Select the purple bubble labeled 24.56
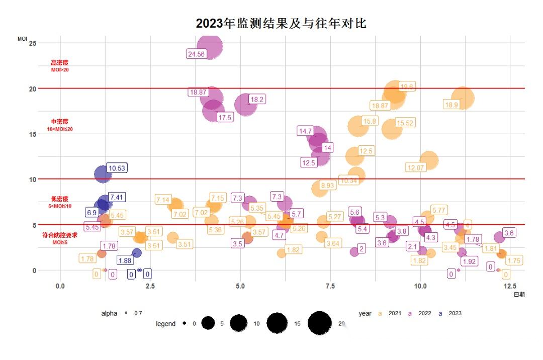click(210, 47)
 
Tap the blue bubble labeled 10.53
click(103, 174)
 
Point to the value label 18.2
click(257, 100)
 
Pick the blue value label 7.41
click(117, 197)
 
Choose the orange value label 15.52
click(405, 123)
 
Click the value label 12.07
click(416, 167)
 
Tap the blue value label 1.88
click(125, 260)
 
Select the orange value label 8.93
click(327, 186)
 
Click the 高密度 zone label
click(59, 63)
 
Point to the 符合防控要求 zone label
click(60, 235)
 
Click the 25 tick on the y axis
click(33, 43)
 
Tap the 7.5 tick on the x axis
click(330, 286)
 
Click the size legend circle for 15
click(277, 323)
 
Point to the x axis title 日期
click(519, 295)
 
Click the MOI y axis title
click(22, 38)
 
